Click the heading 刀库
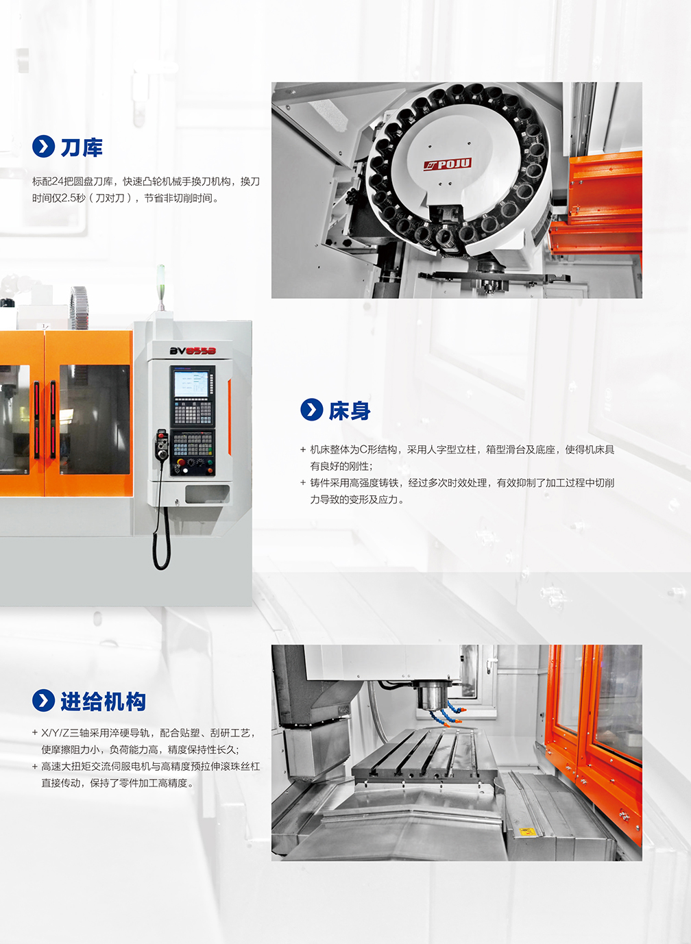click(x=82, y=147)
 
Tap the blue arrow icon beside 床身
click(x=311, y=409)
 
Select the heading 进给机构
click(x=103, y=701)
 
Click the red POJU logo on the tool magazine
click(x=448, y=164)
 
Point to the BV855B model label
click(x=193, y=351)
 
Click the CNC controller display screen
click(x=191, y=384)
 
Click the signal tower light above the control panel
click(x=160, y=286)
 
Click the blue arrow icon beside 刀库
click(x=43, y=147)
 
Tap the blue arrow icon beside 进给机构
click(x=43, y=701)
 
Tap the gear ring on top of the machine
click(x=79, y=307)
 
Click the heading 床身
click(x=350, y=410)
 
